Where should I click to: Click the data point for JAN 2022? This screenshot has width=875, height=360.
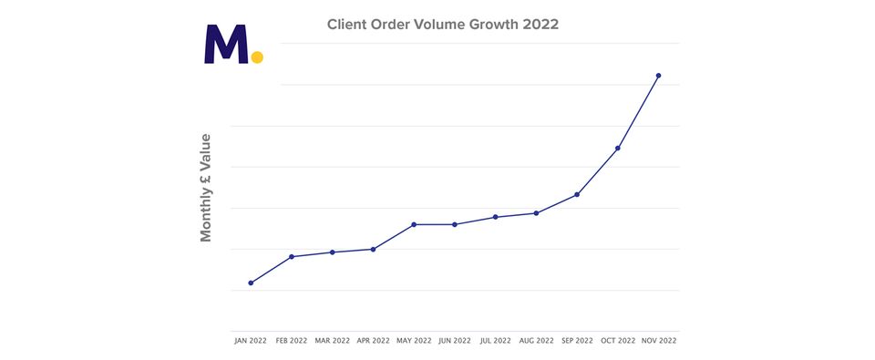[251, 283]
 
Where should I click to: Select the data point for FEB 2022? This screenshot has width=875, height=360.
[292, 257]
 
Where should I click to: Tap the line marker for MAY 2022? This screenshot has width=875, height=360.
[414, 224]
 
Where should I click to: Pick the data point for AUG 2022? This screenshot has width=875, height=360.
[536, 213]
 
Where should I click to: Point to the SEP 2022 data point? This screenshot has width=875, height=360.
[577, 195]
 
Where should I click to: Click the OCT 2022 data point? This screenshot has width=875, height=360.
[618, 148]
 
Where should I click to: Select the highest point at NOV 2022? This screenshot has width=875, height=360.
[658, 76]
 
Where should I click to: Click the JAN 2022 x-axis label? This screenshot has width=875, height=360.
[251, 341]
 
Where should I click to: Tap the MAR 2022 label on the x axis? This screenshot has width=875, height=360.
[333, 341]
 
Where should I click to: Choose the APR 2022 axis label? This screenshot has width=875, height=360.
[373, 341]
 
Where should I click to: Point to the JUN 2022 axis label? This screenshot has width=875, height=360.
[455, 341]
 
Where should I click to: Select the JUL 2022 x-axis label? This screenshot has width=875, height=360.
[495, 341]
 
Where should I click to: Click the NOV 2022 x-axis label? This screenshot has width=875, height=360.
[658, 341]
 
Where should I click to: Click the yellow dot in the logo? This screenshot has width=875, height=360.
[257, 57]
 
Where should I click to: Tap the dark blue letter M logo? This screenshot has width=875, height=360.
[226, 45]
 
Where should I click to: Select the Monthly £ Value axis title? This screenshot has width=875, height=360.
[206, 188]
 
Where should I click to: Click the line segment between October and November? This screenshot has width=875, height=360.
[638, 112]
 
